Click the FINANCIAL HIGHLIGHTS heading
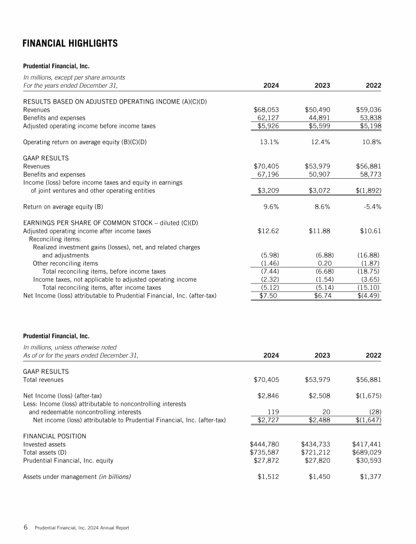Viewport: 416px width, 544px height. click(70, 43)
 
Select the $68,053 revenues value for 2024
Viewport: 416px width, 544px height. click(266, 109)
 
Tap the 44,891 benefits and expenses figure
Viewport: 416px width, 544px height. click(318, 118)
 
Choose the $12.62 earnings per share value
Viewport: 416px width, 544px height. click(268, 231)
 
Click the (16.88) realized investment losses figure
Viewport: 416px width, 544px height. click(368, 255)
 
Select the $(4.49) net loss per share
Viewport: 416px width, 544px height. click(368, 295)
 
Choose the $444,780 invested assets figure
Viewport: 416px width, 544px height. click(264, 444)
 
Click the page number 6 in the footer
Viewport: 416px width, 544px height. click(25, 527)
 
